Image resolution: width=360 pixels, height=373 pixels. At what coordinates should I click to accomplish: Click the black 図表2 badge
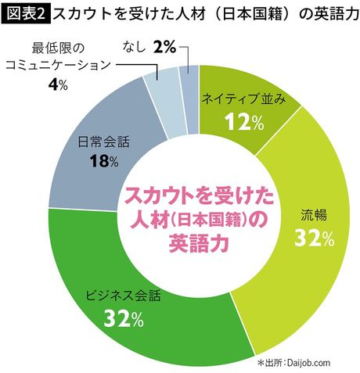coord(25,13)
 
